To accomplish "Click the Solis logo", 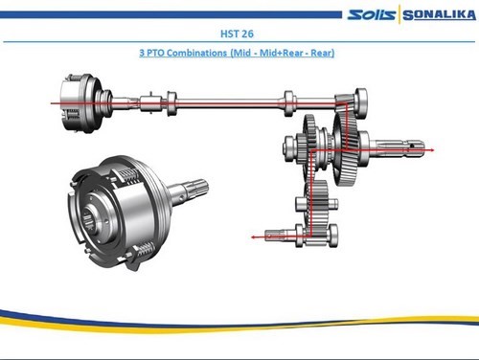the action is coord(372,14).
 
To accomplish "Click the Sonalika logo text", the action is coord(439,15).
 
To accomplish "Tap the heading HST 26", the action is coord(237,34).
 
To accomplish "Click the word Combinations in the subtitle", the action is coord(196,53).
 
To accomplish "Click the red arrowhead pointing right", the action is coord(432,150).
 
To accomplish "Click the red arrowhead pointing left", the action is coord(254,237).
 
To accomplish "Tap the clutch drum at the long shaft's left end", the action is coord(80,102).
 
